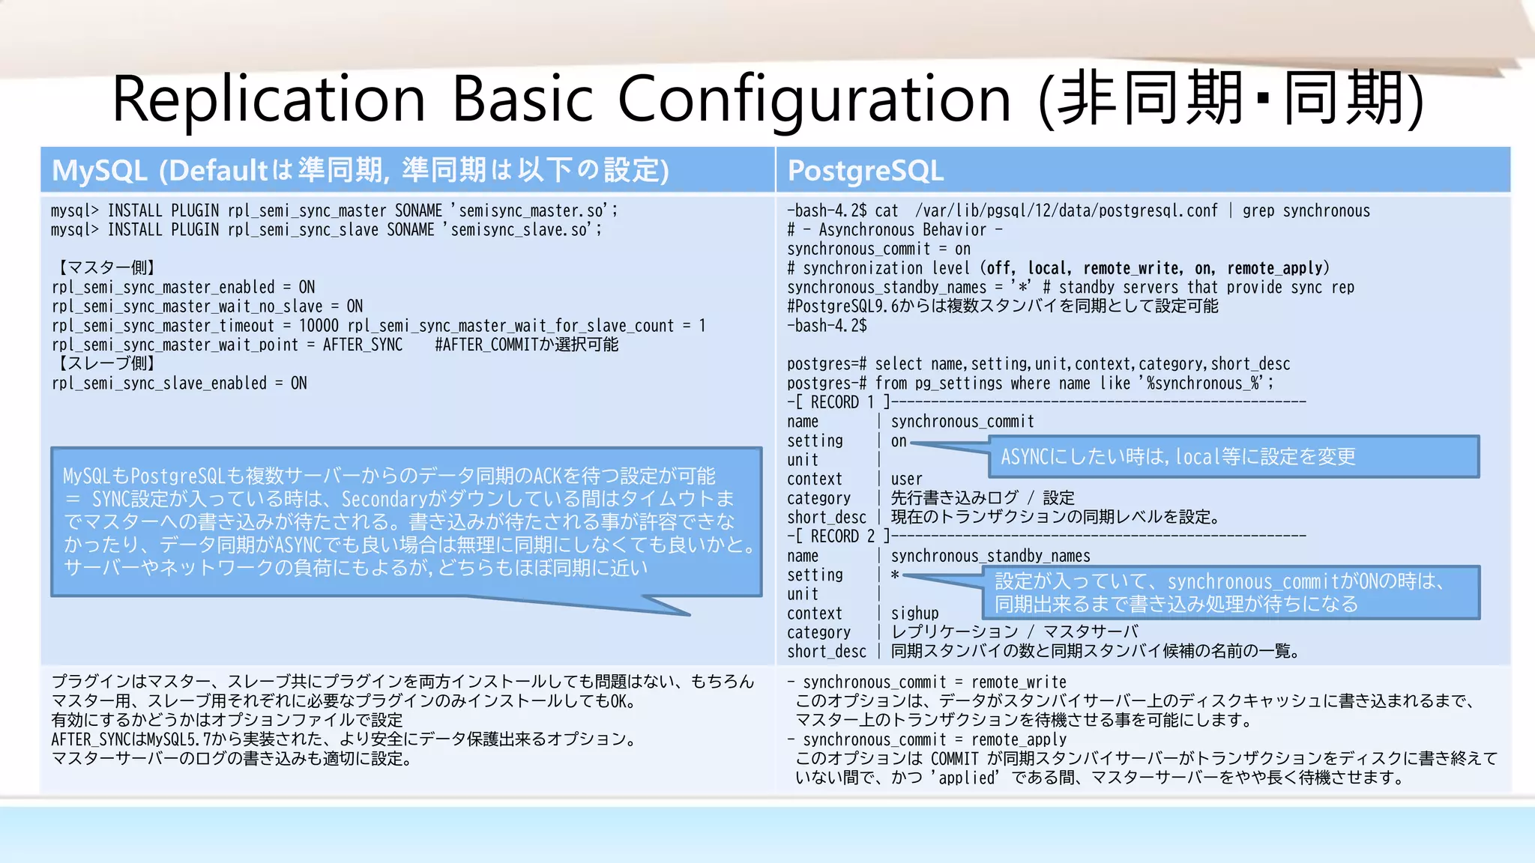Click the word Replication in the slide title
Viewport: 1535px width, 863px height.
pyautogui.click(x=268, y=100)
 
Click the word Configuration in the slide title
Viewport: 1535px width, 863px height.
pyautogui.click(x=814, y=100)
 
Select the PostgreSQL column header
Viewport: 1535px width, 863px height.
pyautogui.click(x=865, y=171)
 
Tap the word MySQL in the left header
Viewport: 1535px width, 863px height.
pyautogui.click(x=99, y=171)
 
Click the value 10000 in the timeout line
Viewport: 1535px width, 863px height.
pyautogui.click(x=319, y=326)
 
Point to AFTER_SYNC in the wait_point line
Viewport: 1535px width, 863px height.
pyautogui.click(x=363, y=345)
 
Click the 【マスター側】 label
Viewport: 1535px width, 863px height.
pyautogui.click(x=105, y=267)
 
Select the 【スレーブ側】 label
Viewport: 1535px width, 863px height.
pyautogui.click(x=105, y=363)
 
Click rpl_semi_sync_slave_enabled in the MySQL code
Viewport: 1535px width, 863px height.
pyautogui.click(x=159, y=383)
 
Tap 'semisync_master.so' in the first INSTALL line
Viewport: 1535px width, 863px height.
pyautogui.click(x=531, y=211)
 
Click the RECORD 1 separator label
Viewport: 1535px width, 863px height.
pyautogui.click(x=842, y=402)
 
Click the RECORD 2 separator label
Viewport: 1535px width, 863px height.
pyautogui.click(x=842, y=536)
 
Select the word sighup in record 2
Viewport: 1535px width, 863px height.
pyautogui.click(x=914, y=614)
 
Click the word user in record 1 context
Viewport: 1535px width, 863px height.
pyautogui.click(x=906, y=479)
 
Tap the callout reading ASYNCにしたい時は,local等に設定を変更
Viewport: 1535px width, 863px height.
pyautogui.click(x=1233, y=457)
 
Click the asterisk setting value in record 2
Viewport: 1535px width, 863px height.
pyautogui.click(x=895, y=575)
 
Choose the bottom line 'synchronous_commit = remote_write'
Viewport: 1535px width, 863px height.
pyautogui.click(x=934, y=682)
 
